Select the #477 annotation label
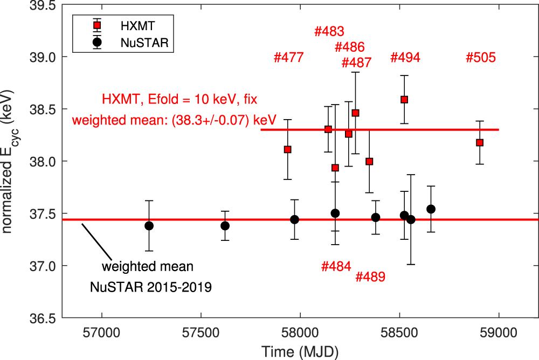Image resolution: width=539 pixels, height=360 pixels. click(x=289, y=58)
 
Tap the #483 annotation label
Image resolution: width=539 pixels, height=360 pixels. click(x=329, y=32)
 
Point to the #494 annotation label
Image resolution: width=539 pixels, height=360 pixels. click(x=405, y=58)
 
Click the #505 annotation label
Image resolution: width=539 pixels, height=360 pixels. click(x=480, y=58)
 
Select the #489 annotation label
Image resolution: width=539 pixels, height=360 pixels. click(x=370, y=277)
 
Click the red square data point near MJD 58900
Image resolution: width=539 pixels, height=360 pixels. click(x=480, y=142)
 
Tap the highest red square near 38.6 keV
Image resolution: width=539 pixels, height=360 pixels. click(x=404, y=99)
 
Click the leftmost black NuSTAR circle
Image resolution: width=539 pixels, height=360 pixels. click(x=149, y=226)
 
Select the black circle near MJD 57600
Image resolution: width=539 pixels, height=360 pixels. click(x=225, y=226)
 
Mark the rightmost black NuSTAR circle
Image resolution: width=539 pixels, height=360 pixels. click(x=431, y=209)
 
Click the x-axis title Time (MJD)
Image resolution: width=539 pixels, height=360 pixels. click(x=300, y=351)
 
